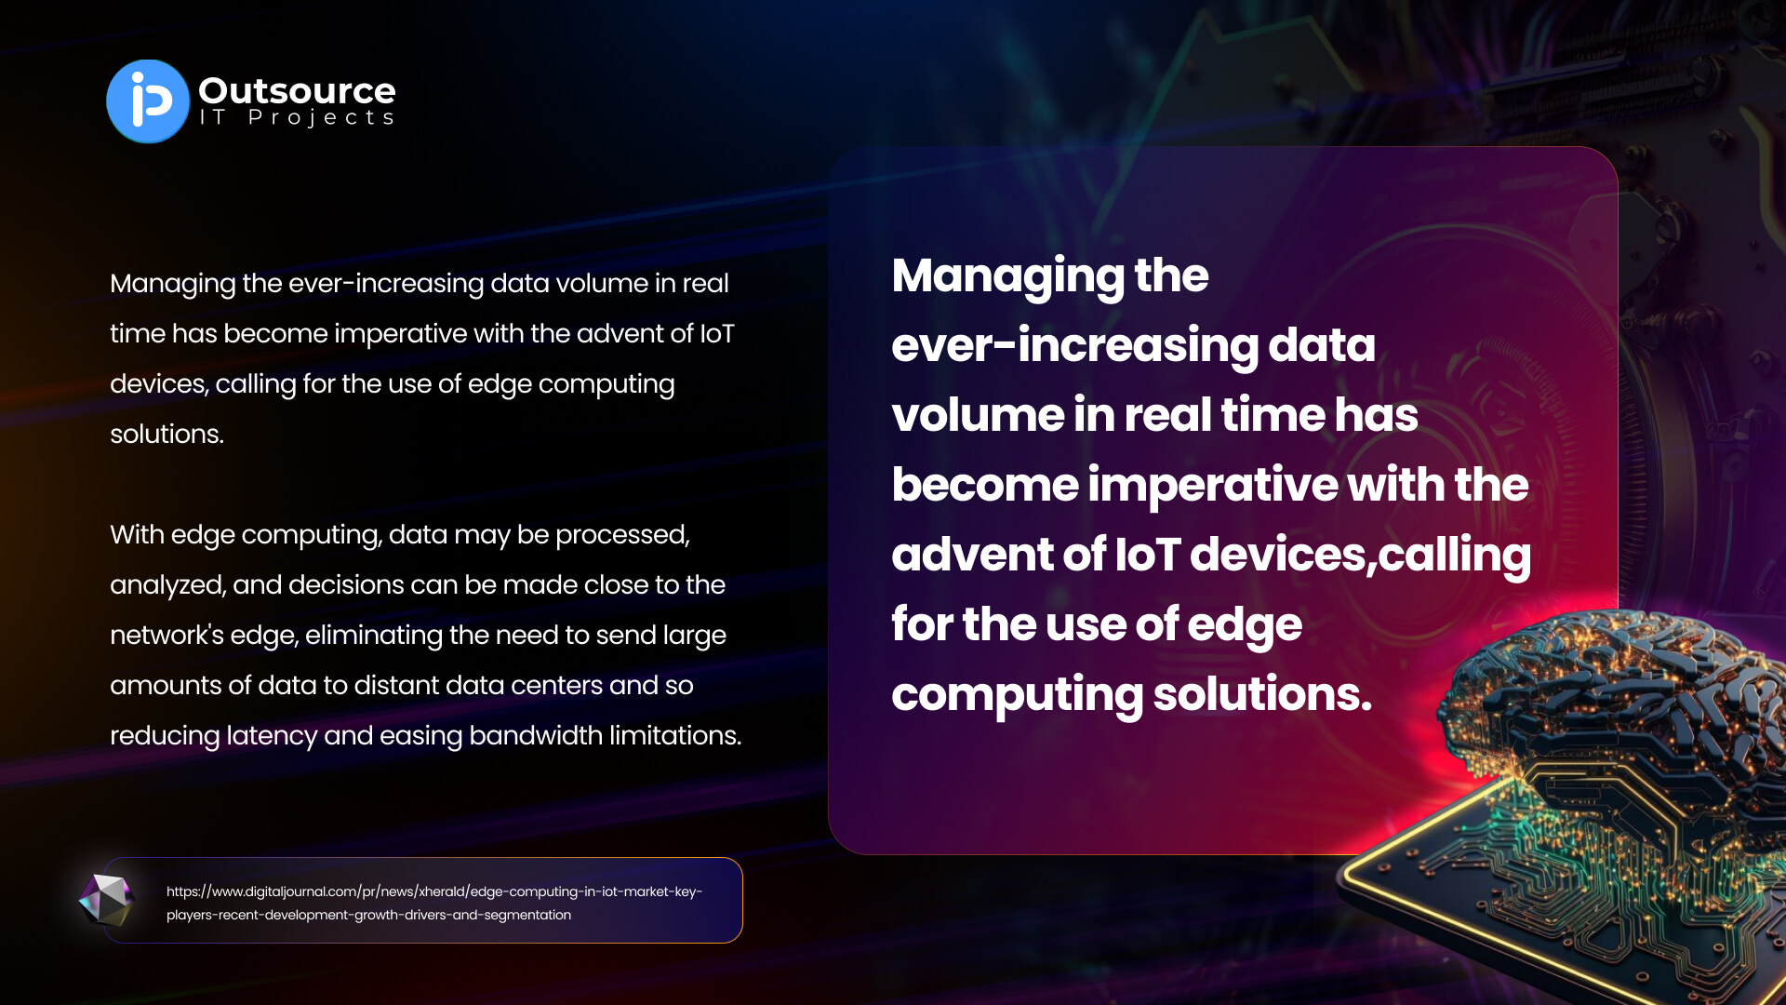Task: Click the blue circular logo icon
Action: click(x=148, y=101)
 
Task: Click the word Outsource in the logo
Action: click(x=297, y=90)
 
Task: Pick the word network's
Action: click(x=167, y=635)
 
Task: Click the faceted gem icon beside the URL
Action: click(x=106, y=900)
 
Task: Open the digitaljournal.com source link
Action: click(x=434, y=903)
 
